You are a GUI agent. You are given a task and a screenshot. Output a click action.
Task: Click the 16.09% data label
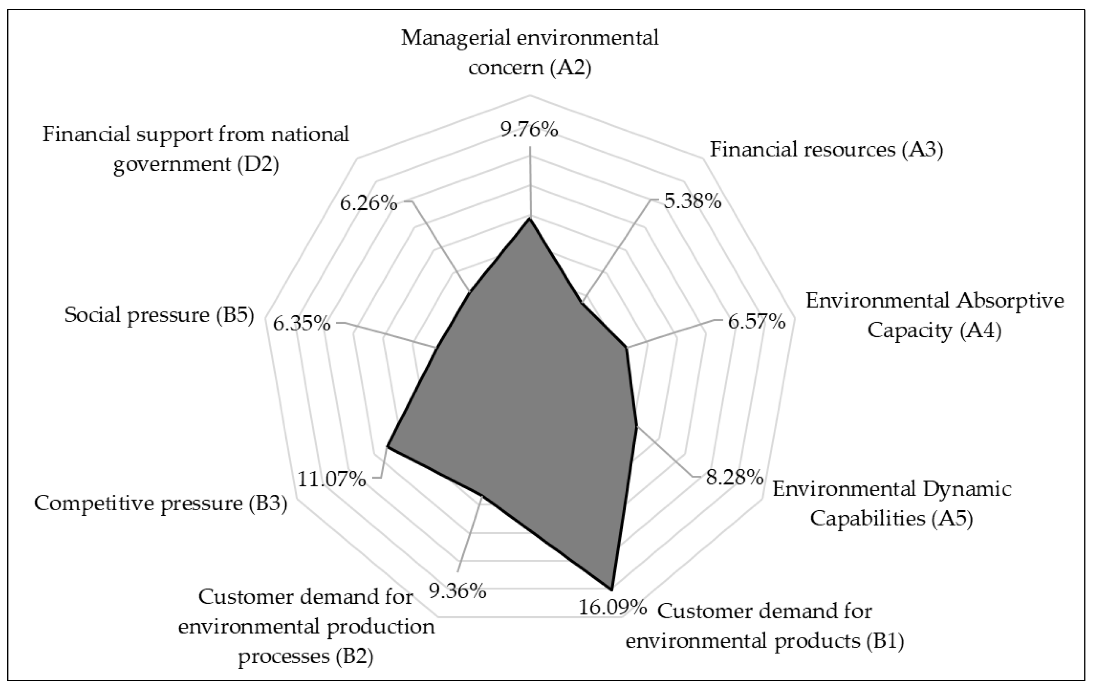coord(612,608)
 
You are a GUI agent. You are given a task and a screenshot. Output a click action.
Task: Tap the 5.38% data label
coord(693,201)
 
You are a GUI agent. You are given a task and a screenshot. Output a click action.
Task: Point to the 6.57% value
coord(757,322)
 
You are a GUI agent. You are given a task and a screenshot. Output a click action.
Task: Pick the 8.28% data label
coord(734,477)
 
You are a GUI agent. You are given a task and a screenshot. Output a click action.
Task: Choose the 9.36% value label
coord(458,591)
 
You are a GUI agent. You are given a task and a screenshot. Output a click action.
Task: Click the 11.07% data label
coord(332,479)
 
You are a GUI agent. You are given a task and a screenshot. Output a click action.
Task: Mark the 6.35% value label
coord(301,324)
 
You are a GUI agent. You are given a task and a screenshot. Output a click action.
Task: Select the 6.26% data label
coord(369,203)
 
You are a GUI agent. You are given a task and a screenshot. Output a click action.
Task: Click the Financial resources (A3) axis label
coord(826,149)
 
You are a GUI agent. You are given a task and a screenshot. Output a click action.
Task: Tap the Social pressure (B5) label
coord(159,315)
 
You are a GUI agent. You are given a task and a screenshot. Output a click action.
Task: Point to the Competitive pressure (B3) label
coord(161,504)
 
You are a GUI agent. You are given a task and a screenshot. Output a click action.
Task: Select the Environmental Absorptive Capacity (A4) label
coord(935,315)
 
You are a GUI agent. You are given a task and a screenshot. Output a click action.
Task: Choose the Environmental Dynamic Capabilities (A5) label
coord(892,504)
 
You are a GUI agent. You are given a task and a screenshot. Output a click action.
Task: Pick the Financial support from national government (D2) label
coord(196,149)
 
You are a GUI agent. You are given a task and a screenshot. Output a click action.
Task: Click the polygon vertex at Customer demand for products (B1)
coord(612,590)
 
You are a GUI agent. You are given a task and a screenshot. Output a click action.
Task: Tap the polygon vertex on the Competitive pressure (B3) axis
coord(387,447)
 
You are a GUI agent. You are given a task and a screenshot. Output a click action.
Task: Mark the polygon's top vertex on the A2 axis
coord(529,219)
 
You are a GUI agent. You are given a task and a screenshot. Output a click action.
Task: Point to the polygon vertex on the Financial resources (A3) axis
coord(581,302)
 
